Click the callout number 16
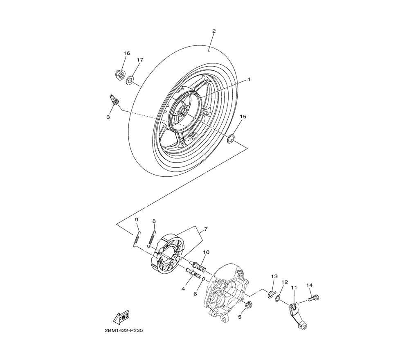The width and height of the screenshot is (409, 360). [x=127, y=54]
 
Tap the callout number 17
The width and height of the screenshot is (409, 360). [x=140, y=60]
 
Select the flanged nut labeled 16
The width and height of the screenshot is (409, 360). [x=120, y=75]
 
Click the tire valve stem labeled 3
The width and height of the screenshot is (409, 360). [x=114, y=99]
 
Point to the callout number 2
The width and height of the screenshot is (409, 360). [x=213, y=31]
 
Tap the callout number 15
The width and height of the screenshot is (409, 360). [x=243, y=117]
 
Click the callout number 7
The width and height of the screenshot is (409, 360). [x=206, y=229]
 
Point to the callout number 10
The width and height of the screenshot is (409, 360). [x=206, y=252]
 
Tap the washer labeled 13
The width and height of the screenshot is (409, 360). [x=271, y=294]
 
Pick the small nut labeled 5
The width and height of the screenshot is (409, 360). [x=248, y=306]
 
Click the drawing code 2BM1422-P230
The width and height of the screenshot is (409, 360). [x=121, y=331]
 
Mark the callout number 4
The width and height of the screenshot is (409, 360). [x=183, y=289]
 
